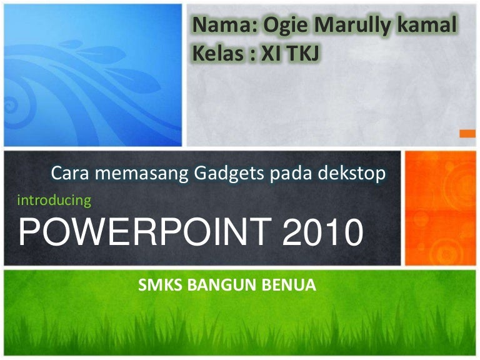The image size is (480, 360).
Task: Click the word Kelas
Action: pos(218,53)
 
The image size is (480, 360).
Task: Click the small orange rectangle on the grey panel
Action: pos(467,134)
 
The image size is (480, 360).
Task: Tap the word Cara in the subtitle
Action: pos(70,173)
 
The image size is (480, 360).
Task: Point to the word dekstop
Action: pos(352,174)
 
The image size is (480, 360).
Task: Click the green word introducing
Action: pos(54,201)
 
